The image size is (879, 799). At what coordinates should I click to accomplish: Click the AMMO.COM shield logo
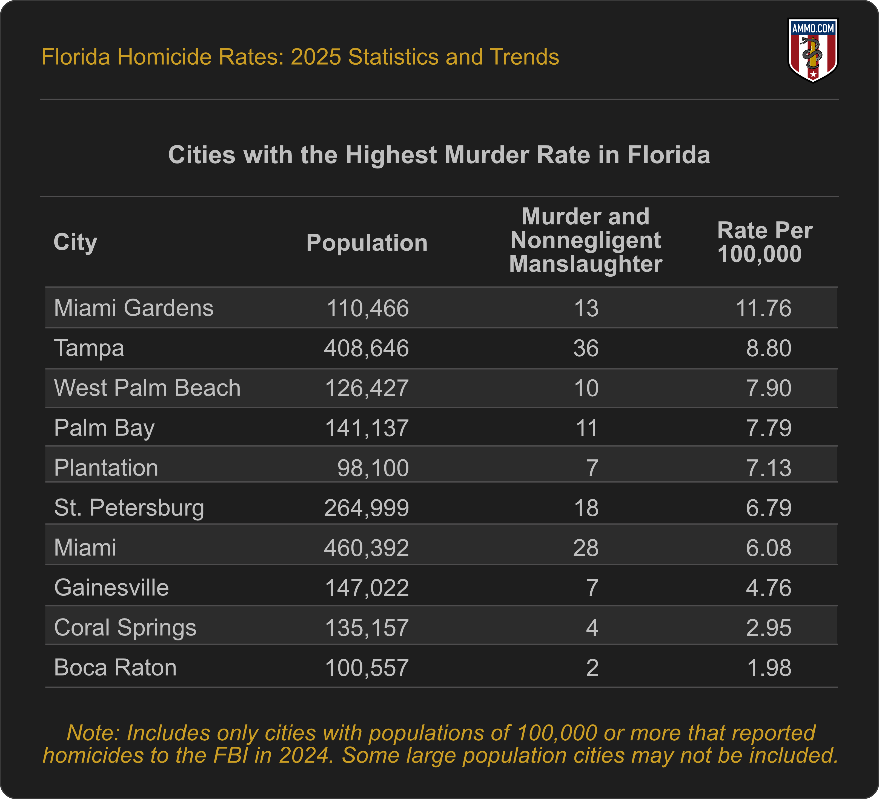813,50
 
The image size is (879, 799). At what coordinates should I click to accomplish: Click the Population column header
367,242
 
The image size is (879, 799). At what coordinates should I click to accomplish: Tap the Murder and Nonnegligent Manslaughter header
586,240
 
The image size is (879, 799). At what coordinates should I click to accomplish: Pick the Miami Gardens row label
133,308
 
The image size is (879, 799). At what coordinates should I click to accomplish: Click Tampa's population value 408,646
366,348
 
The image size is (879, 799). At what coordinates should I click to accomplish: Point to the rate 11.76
763,308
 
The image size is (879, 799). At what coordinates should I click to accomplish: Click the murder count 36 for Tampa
586,348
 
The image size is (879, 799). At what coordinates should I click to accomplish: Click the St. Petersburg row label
129,508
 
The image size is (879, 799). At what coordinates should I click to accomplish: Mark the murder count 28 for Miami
586,548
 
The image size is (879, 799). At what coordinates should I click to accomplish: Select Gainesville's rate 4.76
769,588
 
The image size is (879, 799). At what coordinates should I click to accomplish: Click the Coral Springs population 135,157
367,628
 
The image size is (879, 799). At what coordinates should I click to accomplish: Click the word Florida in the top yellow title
75,57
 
